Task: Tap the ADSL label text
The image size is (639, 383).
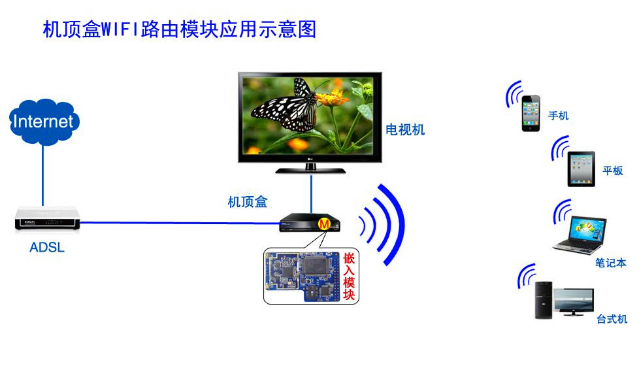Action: point(47,248)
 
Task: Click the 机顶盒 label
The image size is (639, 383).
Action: point(247,202)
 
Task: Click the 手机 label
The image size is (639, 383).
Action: point(558,116)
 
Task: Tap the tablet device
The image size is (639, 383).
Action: point(581,169)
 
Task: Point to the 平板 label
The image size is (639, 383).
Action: point(612,171)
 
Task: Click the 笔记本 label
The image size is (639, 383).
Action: point(610,263)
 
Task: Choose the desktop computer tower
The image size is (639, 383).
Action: point(544,300)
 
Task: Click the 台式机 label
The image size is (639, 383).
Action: point(612,319)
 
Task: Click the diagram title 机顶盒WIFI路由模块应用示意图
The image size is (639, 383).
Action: point(179,30)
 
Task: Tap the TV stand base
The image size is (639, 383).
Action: point(310,170)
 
